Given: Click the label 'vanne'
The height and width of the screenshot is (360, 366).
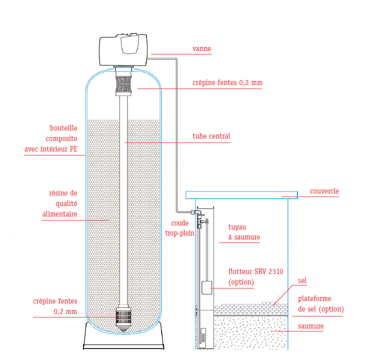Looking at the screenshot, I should tap(201, 49).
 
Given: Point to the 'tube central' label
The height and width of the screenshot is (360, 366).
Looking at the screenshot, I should tap(211, 136).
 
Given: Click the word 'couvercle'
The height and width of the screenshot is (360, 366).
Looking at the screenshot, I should tap(324, 191).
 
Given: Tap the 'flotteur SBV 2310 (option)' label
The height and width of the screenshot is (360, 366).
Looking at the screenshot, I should tap(255, 277).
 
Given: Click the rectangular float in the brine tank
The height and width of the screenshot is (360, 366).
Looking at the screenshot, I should tap(206, 287).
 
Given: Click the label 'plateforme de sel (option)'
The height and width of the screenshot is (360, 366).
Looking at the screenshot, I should tap(320, 304).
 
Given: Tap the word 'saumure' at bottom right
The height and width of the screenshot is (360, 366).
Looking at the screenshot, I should tap(310, 326).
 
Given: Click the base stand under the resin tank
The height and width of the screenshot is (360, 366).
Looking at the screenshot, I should tap(123, 337).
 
